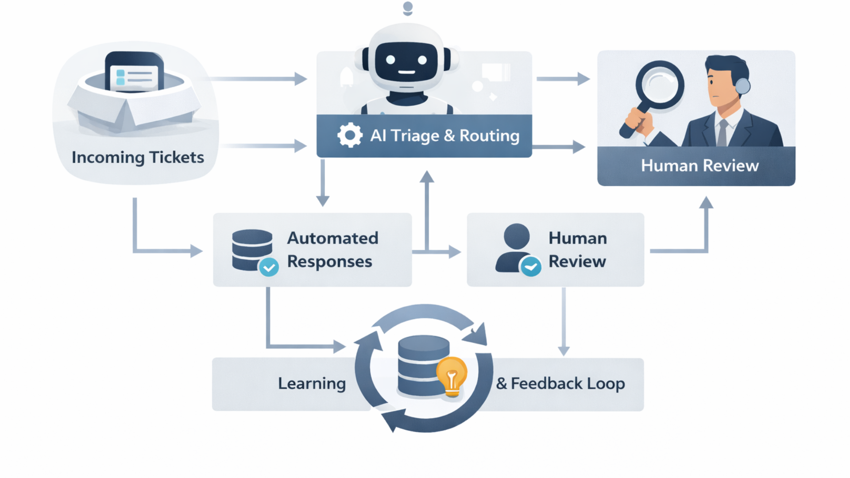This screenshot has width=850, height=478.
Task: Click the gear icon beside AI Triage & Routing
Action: click(350, 135)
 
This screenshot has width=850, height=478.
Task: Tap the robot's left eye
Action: click(390, 60)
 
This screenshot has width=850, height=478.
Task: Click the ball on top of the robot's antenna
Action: click(408, 7)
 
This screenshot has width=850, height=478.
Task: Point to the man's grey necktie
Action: click(722, 132)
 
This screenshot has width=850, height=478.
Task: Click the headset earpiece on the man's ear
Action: click(743, 85)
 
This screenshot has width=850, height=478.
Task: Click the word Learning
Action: click(312, 383)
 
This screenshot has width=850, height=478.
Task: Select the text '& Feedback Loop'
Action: click(560, 383)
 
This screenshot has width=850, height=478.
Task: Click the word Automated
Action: click(332, 238)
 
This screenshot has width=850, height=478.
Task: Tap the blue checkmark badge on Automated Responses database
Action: click(269, 267)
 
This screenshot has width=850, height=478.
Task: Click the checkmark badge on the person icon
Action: click(530, 266)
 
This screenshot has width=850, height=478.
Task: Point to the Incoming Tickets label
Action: click(138, 157)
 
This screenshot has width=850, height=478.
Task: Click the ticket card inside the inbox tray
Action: click(134, 77)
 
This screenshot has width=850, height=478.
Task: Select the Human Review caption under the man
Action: click(699, 166)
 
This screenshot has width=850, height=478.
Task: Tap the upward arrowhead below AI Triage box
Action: click(427, 177)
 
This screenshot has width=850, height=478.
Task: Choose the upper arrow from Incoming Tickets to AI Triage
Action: click(257, 79)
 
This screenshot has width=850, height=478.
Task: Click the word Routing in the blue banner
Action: click(489, 135)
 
